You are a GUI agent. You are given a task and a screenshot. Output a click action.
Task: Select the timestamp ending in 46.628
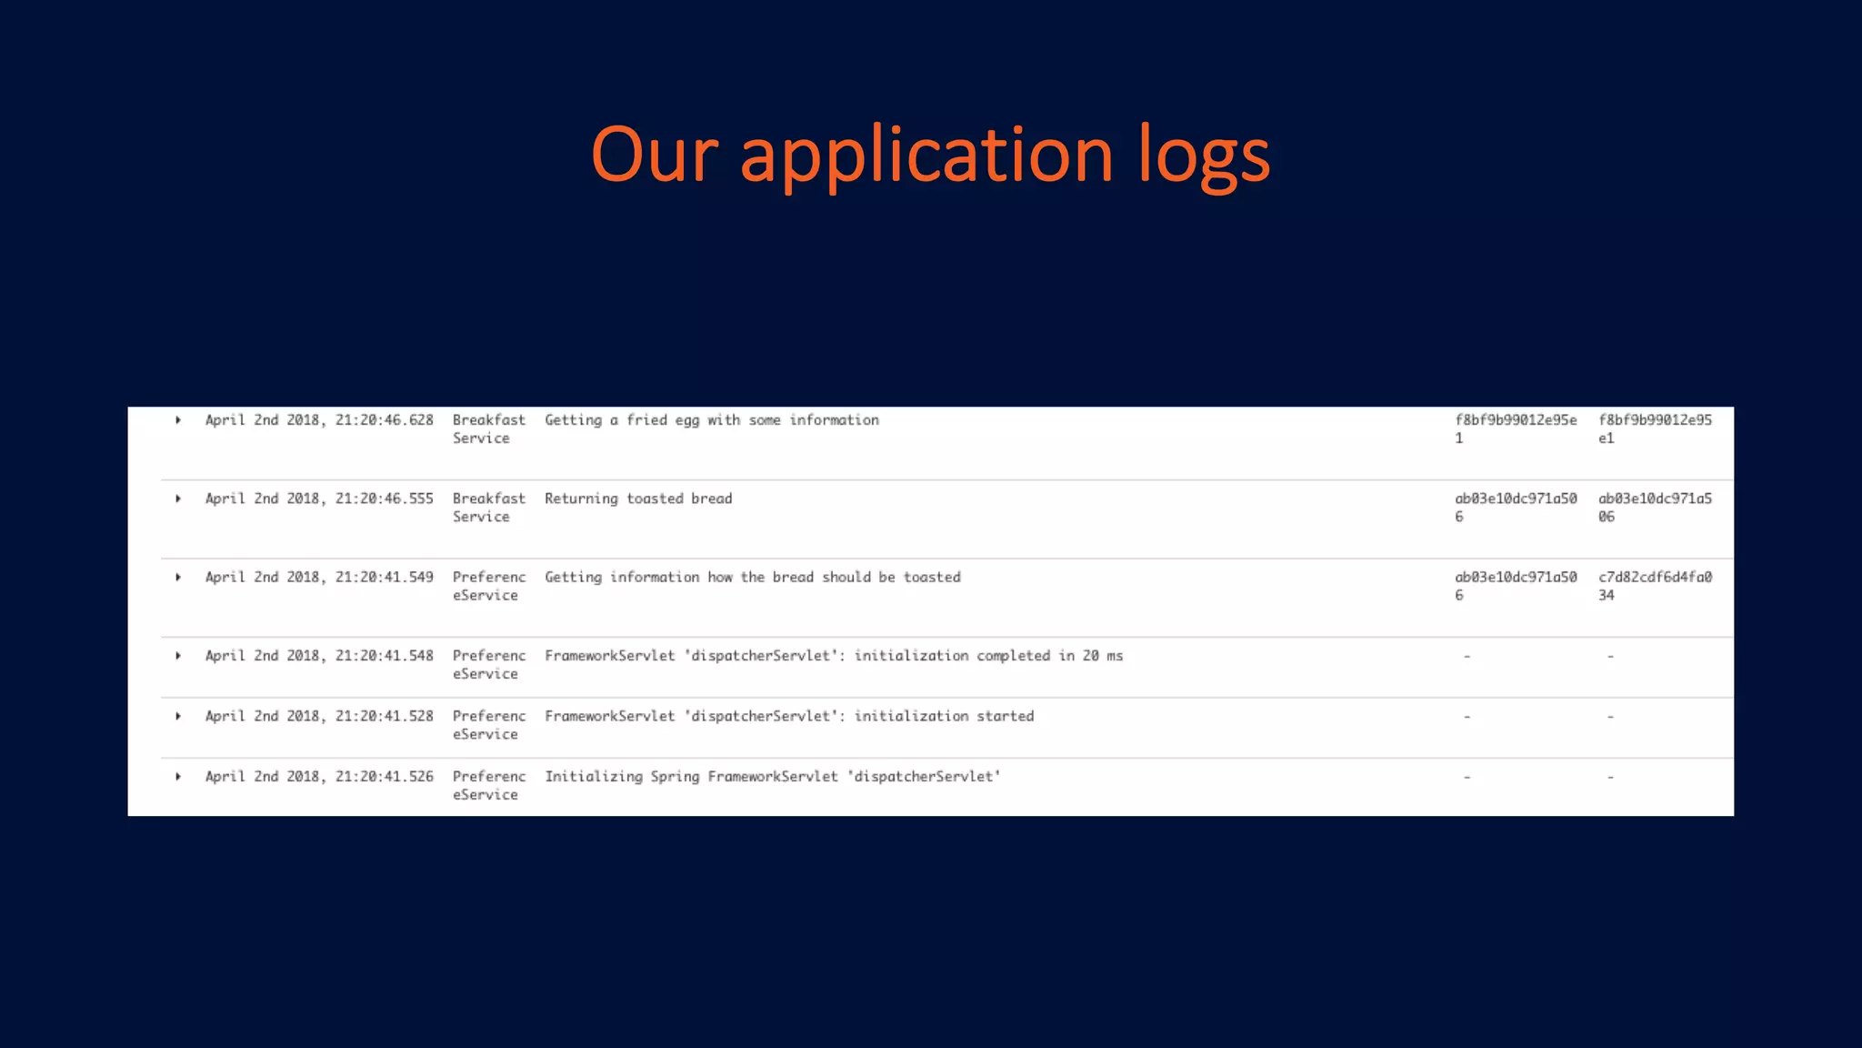pos(319,420)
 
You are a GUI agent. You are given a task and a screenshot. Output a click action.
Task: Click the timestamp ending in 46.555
pos(319,499)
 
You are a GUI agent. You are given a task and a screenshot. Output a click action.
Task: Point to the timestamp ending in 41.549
pos(319,577)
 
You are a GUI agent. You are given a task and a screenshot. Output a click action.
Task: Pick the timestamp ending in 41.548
pos(319,656)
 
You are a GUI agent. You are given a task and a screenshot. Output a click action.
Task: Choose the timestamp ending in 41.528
pos(319,716)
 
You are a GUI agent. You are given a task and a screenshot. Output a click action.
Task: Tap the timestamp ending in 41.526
pos(319,776)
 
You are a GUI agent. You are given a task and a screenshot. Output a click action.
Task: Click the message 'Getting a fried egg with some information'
pos(712,420)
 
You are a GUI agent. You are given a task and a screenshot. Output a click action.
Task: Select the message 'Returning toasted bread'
pos(638,499)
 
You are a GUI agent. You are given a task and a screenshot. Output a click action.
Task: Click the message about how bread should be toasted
pos(753,577)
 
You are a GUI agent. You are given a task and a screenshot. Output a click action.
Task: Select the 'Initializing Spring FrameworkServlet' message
pos(772,776)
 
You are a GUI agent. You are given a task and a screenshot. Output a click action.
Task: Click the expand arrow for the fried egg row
pos(178,420)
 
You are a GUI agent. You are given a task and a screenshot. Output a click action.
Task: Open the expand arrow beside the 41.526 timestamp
pos(178,777)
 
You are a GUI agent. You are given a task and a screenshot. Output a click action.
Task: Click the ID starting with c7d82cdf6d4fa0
pos(1655,586)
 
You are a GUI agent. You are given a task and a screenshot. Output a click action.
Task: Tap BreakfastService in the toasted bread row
pos(489,508)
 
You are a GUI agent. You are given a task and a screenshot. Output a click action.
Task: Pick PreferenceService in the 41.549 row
pos(489,586)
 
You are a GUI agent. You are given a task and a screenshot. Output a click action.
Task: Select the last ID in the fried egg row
pos(1655,428)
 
